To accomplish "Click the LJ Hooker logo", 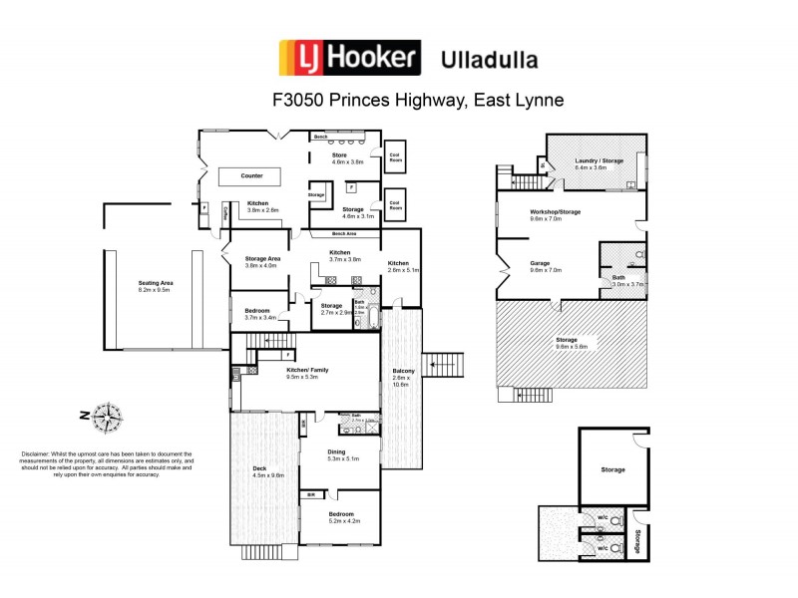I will pyautogui.click(x=346, y=58).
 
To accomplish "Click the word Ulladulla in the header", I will pyautogui.click(x=489, y=59).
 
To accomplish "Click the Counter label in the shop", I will pyautogui.click(x=252, y=175).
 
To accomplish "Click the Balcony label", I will pyautogui.click(x=403, y=375).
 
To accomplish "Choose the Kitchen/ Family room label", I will pyautogui.click(x=307, y=373).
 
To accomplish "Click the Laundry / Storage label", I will pyautogui.click(x=598, y=163).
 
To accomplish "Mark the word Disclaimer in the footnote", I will pyautogui.click(x=36, y=453).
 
